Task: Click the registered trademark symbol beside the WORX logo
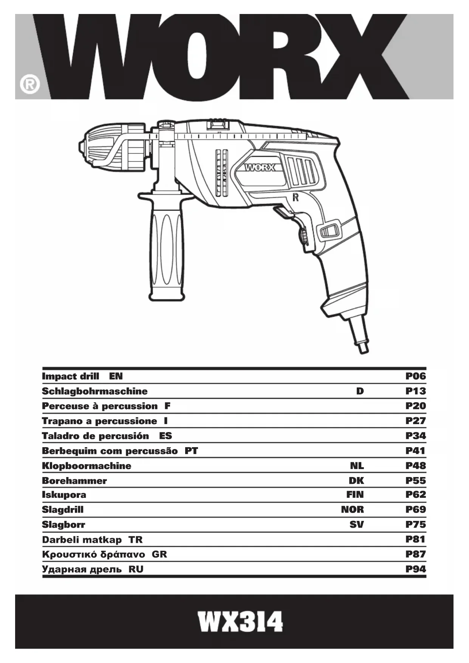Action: (x=30, y=84)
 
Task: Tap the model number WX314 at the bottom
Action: (x=241, y=622)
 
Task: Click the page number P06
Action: (x=415, y=376)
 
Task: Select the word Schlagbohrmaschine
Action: (x=94, y=391)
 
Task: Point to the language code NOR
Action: (x=352, y=510)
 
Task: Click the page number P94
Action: (x=415, y=569)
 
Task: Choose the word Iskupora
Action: (x=64, y=495)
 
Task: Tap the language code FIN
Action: (x=355, y=495)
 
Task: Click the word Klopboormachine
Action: (x=87, y=466)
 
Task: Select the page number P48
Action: (x=415, y=466)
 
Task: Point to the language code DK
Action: (x=356, y=480)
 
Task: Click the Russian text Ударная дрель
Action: (x=82, y=569)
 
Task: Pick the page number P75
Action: (x=415, y=524)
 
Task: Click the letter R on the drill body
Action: (x=296, y=197)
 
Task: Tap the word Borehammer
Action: (x=74, y=481)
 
